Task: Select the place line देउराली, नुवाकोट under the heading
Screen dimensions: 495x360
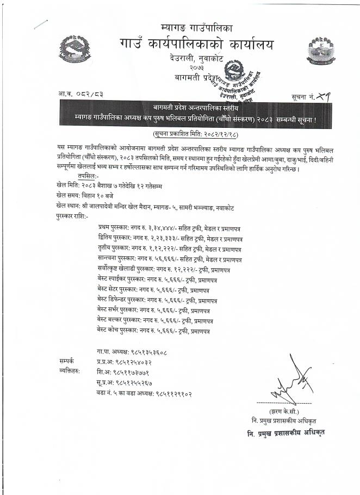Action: (197, 58)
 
